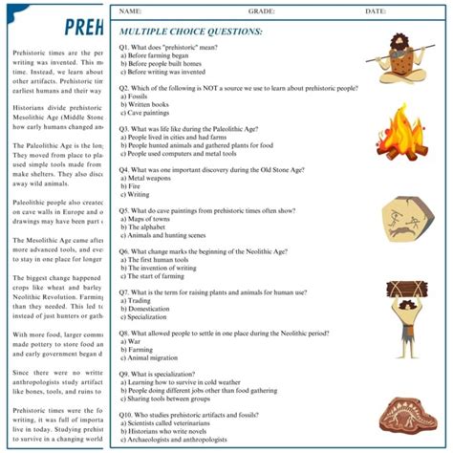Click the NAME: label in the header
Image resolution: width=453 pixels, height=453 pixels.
tap(131, 11)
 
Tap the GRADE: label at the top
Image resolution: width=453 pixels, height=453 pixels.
tap(263, 11)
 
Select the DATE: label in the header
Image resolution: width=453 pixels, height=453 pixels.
tap(376, 11)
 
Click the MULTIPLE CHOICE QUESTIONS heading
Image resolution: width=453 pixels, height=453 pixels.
tap(191, 31)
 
